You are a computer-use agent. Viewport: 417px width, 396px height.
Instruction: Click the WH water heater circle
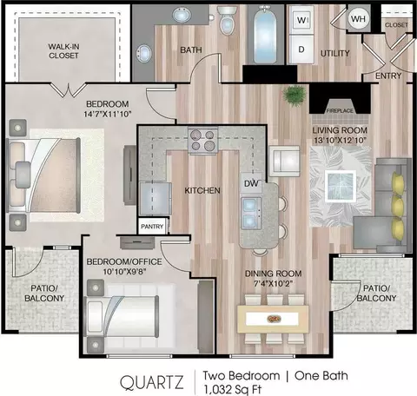tap(358, 19)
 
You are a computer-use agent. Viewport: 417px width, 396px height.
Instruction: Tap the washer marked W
tap(301, 20)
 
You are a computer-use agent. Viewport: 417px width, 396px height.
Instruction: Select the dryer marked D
tap(301, 49)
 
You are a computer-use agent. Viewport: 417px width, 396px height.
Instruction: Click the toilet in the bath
tap(227, 20)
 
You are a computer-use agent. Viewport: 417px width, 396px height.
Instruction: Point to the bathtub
tap(264, 36)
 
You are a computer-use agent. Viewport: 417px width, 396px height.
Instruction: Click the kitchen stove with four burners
tap(202, 140)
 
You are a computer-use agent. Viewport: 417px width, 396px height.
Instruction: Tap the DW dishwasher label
tap(251, 183)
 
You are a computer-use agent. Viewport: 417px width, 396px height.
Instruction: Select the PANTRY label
tap(152, 227)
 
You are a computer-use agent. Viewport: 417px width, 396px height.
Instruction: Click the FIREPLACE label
tap(340, 110)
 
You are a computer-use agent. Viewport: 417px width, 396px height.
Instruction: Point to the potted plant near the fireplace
tap(295, 95)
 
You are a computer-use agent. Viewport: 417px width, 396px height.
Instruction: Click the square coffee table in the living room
tap(341, 186)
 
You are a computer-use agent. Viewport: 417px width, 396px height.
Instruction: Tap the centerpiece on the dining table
tap(274, 319)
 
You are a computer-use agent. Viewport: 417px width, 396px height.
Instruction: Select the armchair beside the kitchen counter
tap(284, 161)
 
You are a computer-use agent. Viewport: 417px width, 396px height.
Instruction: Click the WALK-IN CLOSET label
tap(63, 51)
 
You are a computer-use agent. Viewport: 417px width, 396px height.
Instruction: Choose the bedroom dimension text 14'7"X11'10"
tap(108, 114)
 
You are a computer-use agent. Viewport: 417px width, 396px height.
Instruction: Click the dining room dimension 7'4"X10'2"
tap(274, 284)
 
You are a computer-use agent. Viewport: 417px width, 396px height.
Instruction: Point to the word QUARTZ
tap(152, 382)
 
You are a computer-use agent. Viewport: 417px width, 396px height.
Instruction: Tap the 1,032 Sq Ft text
tap(233, 390)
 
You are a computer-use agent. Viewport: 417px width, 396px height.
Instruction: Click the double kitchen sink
tap(251, 213)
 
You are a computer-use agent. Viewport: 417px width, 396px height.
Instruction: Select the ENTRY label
tap(388, 76)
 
